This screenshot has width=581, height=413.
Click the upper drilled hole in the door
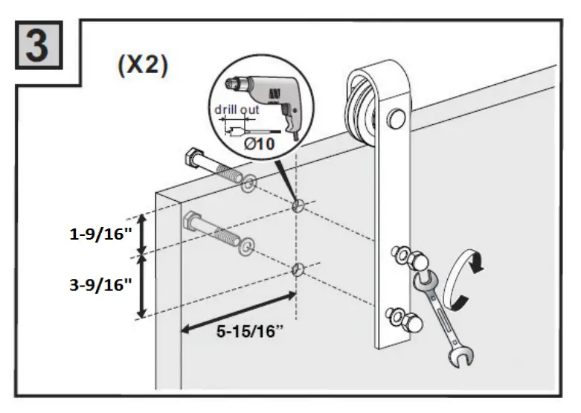click(298, 206)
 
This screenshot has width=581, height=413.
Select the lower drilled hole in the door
click(298, 269)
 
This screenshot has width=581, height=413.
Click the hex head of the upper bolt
click(192, 159)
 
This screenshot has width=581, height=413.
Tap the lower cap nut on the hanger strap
click(409, 321)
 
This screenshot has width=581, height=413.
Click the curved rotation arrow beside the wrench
click(467, 275)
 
